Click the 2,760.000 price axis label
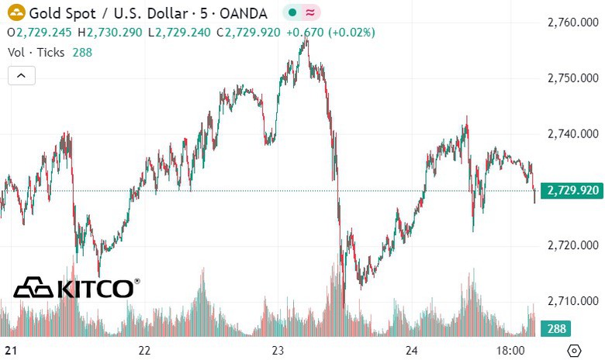point(572,22)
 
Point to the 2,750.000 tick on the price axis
point(572,78)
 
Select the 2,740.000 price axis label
point(572,134)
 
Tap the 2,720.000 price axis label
point(572,245)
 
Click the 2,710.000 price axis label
point(572,301)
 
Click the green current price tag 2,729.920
point(572,190)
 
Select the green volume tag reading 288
point(557,328)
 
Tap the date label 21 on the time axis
point(9,350)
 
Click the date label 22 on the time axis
point(143,350)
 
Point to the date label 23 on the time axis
point(279,350)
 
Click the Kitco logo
point(76,288)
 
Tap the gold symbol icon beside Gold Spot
point(16,13)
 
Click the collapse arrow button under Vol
point(21,75)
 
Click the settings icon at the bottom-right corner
point(575,351)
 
